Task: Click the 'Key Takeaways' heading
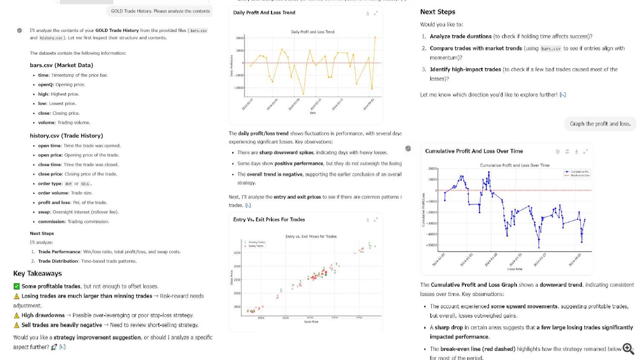[x=38, y=273]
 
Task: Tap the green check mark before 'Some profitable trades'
[x=17, y=286]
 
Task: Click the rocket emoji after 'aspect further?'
[x=54, y=347]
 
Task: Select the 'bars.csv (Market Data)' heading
[x=61, y=65]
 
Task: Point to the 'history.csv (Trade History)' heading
[x=66, y=136]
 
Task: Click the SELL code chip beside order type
[x=85, y=184]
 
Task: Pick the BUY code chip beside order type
[x=69, y=184]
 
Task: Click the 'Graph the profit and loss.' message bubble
[x=600, y=124]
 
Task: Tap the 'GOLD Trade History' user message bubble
[x=160, y=11]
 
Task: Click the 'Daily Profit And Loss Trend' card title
[x=264, y=13]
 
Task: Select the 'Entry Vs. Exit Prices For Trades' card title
[x=269, y=220]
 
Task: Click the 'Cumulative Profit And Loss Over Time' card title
[x=474, y=151]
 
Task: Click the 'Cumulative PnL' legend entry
[x=579, y=171]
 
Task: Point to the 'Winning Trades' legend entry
[x=256, y=242]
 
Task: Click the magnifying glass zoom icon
[x=628, y=348]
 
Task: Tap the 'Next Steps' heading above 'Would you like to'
[x=437, y=12]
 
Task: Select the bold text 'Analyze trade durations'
[x=460, y=36]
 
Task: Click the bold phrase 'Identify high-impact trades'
[x=465, y=70]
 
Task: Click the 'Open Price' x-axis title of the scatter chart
[x=311, y=322]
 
